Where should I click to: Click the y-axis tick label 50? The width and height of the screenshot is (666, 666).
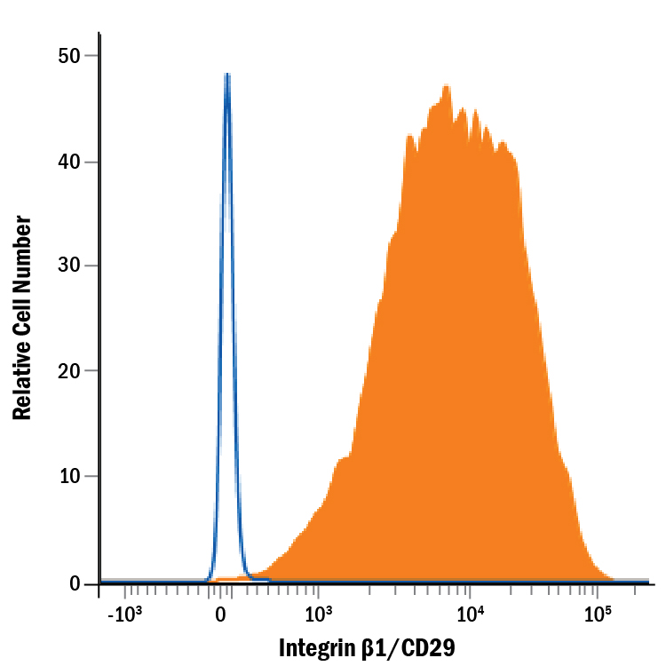pyautogui.click(x=69, y=56)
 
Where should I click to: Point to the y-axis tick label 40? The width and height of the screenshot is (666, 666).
pyautogui.click(x=69, y=162)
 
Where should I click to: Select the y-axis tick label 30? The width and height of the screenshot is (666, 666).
pyautogui.click(x=69, y=266)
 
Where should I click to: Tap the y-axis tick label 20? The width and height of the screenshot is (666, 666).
pyautogui.click(x=69, y=371)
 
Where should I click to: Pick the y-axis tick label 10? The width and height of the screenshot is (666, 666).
pyautogui.click(x=69, y=476)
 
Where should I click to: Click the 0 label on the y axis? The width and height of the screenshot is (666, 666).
pyautogui.click(x=75, y=583)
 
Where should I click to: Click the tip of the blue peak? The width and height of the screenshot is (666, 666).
pyautogui.click(x=227, y=75)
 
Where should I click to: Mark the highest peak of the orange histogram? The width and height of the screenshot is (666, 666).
pyautogui.click(x=447, y=85)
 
